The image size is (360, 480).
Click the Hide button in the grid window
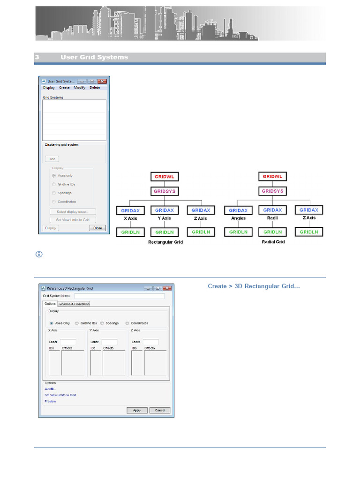click(52, 159)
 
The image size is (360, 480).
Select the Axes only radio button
click(54, 175)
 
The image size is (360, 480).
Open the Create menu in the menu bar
click(64, 88)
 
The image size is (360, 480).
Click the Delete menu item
click(95, 88)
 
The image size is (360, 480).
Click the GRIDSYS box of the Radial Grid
click(273, 191)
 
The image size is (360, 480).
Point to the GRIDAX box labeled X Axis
click(130, 210)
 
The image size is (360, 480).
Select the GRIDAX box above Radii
click(273, 210)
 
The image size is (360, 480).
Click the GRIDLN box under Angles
click(238, 232)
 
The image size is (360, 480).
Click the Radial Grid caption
click(273, 242)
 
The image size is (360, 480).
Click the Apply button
click(137, 410)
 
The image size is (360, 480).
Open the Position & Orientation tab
click(74, 304)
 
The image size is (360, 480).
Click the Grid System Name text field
click(120, 296)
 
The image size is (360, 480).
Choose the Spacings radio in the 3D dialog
click(103, 323)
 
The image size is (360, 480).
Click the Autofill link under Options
click(50, 389)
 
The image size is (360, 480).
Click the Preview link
click(50, 401)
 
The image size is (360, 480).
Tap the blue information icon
click(39, 254)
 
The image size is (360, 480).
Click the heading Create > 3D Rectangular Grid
click(254, 286)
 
